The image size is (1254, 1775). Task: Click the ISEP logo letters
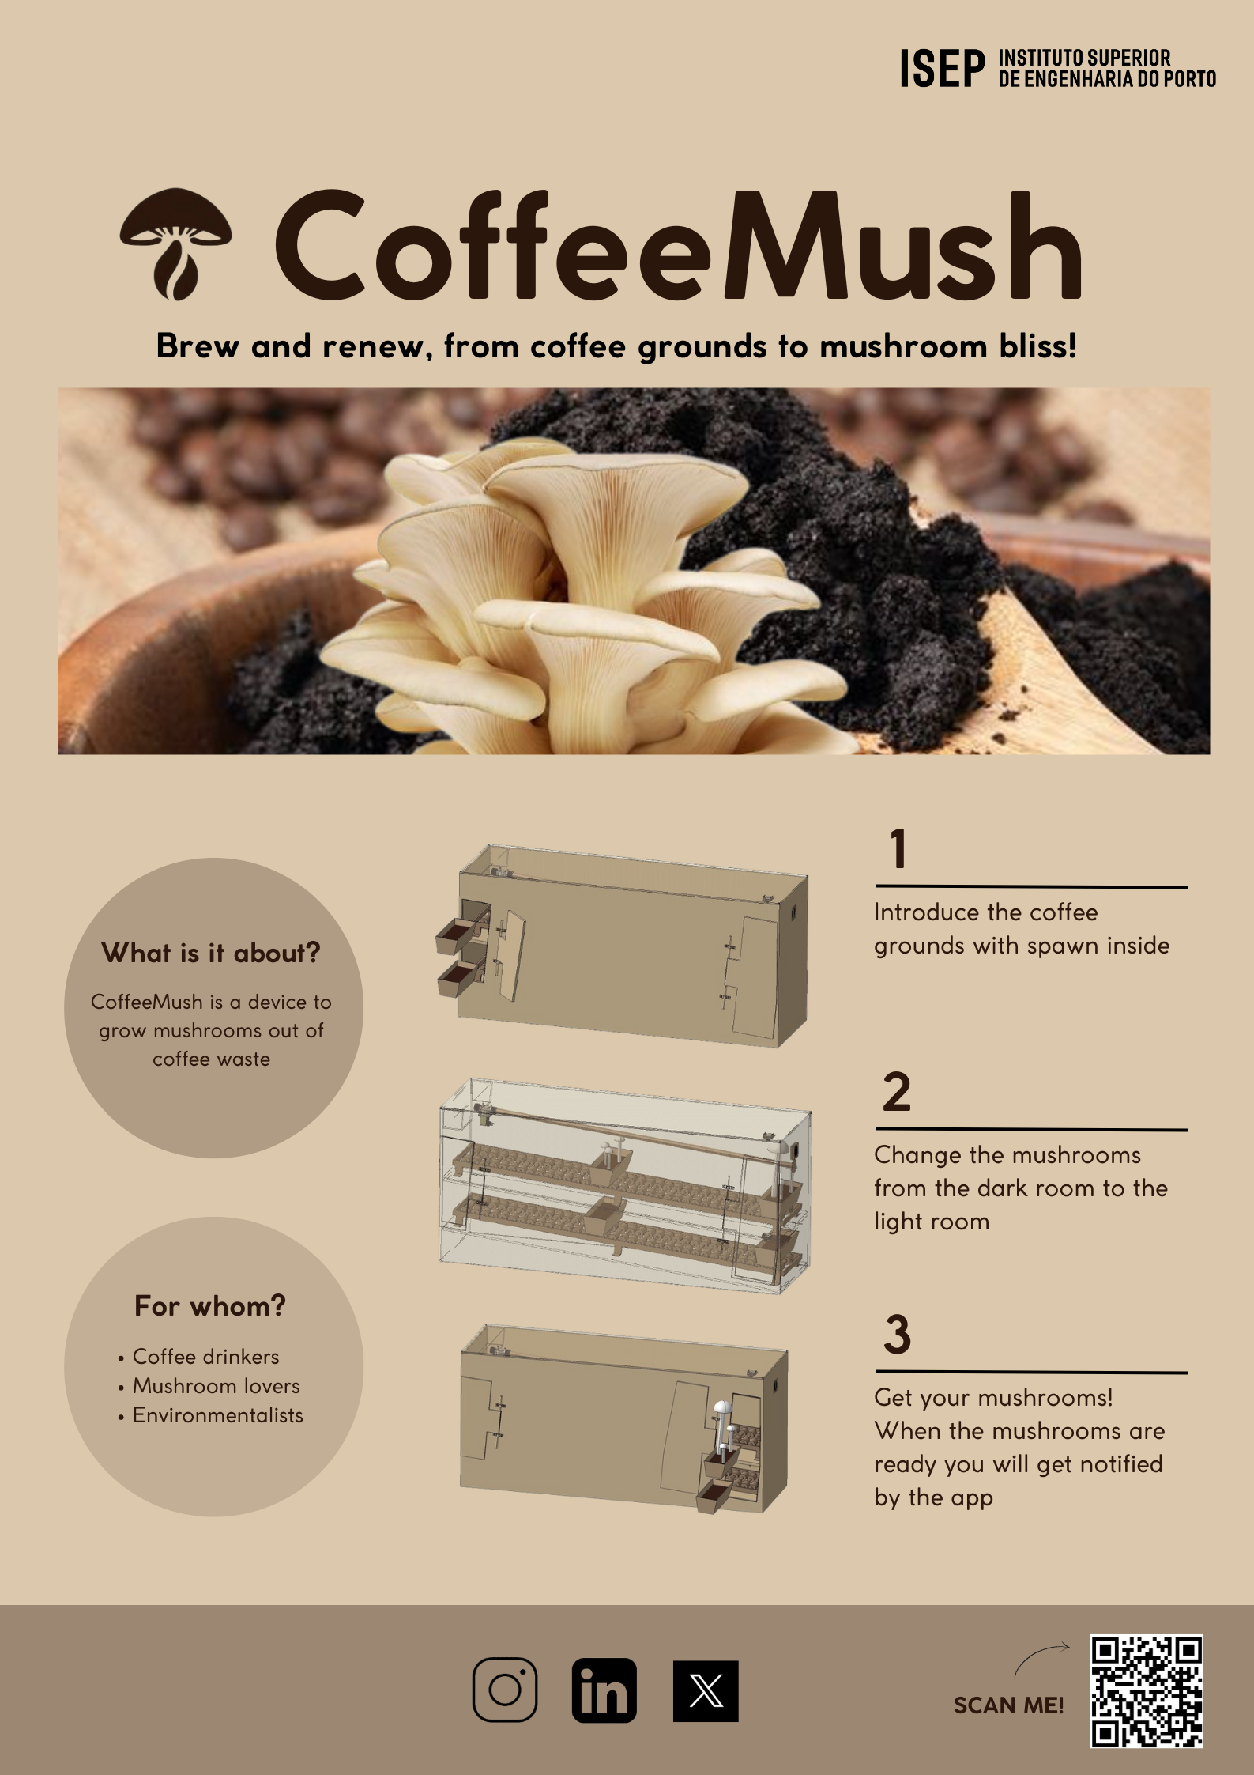point(943,69)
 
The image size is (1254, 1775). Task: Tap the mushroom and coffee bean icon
point(175,244)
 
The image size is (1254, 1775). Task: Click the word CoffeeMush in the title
point(678,245)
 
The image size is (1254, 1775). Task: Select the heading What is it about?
point(211,953)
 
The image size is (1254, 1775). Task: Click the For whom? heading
point(209,1305)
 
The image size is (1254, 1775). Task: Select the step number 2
point(897,1092)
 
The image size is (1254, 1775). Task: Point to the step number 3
point(898,1334)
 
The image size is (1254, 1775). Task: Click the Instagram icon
point(505,1690)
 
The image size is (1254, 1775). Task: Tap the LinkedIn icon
point(604,1690)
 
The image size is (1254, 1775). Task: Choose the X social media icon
point(706,1691)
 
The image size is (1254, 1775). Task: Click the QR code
point(1147,1691)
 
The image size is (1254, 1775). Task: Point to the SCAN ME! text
point(1008,1705)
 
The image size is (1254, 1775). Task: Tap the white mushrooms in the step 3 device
point(725,1430)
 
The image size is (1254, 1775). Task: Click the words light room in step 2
point(932,1222)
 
